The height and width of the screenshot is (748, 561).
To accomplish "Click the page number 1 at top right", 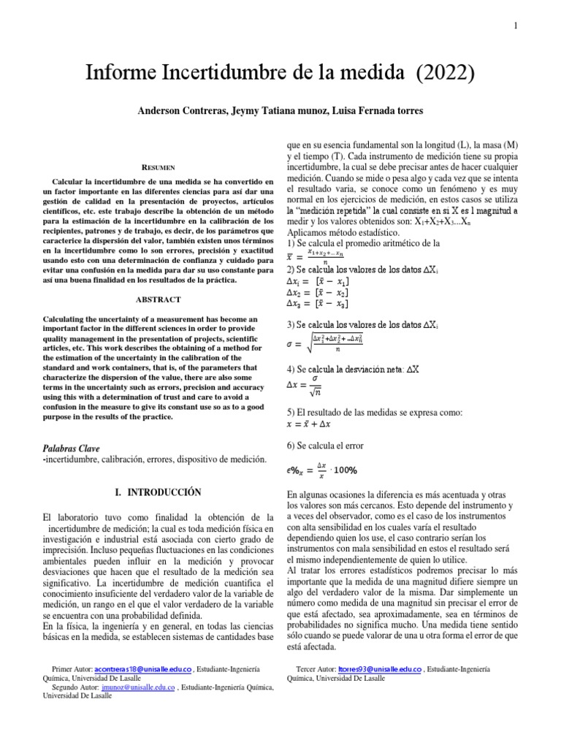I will click(516, 26).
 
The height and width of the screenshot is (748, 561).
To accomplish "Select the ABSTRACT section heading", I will click(157, 299).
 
